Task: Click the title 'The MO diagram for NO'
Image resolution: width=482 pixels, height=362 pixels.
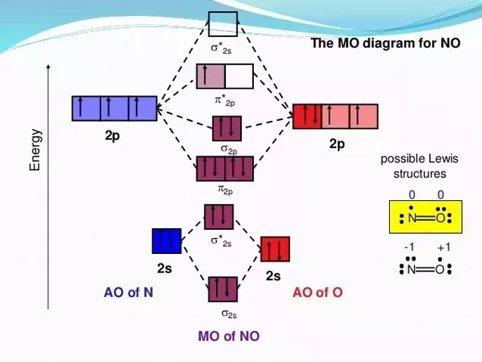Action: [x=385, y=42]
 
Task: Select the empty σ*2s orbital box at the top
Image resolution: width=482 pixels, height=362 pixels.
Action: [x=223, y=22]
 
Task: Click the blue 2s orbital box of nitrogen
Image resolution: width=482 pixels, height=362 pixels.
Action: [x=167, y=241]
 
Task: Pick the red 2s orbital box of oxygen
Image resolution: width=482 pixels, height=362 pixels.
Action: [x=275, y=249]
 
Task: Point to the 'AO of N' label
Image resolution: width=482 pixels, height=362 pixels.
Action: [x=129, y=292]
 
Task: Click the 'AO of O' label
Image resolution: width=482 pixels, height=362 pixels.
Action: [x=318, y=292]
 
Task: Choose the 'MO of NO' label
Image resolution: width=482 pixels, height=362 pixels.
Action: [x=228, y=336]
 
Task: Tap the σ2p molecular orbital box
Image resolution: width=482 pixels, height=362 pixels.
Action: [x=226, y=128]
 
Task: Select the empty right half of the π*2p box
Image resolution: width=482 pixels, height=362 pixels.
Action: [x=239, y=76]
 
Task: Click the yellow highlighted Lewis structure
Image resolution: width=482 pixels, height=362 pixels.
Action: [x=425, y=217]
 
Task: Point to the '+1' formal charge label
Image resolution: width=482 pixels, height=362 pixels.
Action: [x=444, y=248]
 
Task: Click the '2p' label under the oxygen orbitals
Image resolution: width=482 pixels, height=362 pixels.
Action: [x=336, y=144]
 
